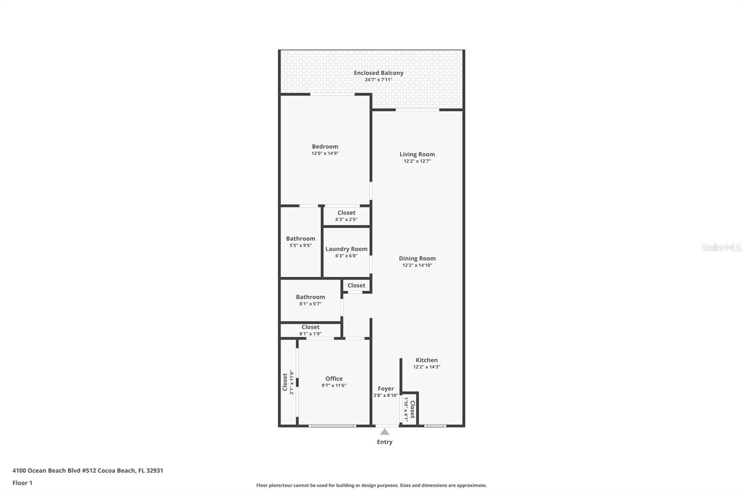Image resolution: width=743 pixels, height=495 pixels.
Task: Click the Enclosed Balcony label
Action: coord(378,72)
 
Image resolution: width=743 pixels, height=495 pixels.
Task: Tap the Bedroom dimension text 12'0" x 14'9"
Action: coord(325,153)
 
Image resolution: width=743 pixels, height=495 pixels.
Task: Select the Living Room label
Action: coord(417,154)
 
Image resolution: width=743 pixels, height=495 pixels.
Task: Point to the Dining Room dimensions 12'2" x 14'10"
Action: coord(417,265)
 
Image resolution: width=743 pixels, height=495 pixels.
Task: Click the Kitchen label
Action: coord(427,360)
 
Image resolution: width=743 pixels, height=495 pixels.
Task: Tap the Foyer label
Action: coord(386,389)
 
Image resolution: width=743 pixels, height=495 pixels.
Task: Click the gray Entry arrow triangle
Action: coord(385,432)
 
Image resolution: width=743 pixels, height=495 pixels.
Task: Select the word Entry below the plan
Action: coord(385,442)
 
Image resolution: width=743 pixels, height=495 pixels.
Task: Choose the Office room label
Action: coord(334,378)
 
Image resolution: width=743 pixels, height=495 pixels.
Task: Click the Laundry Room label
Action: coord(346,249)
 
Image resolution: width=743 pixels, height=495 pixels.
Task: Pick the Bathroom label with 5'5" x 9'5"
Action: coord(300,239)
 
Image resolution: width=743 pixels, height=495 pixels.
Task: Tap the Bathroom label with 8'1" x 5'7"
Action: coord(311,297)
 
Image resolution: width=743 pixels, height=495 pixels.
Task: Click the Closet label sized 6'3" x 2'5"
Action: coord(346,213)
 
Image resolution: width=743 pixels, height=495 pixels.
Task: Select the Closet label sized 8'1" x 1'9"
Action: coord(311,327)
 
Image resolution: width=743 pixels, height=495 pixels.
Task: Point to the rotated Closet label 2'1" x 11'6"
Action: coord(285,382)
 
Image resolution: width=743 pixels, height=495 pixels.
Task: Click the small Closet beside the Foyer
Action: coord(412,409)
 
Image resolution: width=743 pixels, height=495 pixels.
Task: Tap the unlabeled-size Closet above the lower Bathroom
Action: coord(356,285)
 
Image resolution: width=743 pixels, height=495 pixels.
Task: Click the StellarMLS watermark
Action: coord(721,247)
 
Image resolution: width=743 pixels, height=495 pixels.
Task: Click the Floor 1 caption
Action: coord(23,483)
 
